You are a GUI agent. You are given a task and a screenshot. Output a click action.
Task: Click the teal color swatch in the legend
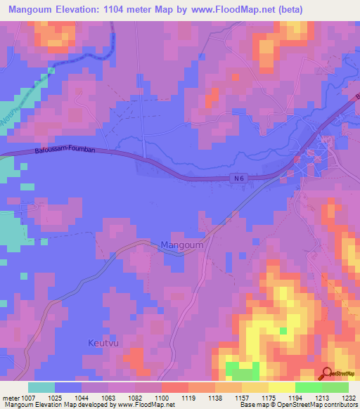pos(41,387)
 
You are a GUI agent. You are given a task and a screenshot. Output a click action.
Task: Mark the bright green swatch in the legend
pos(308,387)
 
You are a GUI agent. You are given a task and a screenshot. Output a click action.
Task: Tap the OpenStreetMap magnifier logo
pos(327,375)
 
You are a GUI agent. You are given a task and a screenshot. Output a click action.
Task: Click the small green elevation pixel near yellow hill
pos(283,330)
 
